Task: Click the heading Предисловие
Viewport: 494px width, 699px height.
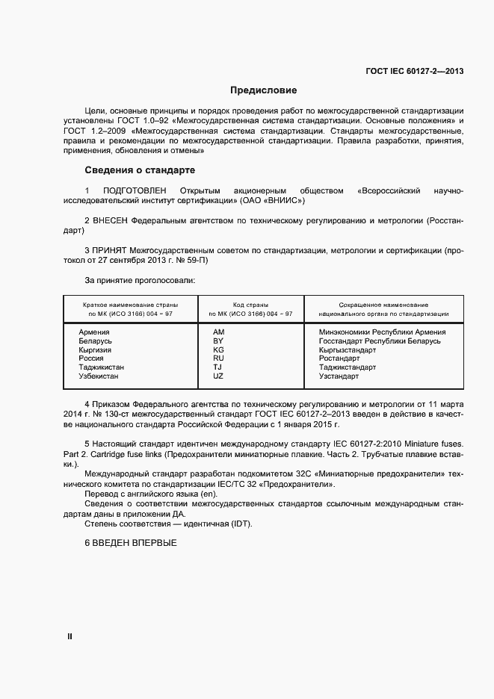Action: [264, 90]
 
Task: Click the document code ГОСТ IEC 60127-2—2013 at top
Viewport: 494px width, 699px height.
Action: [414, 72]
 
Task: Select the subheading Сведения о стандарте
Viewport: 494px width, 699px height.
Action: [139, 170]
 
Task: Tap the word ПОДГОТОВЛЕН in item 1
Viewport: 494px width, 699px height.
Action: [132, 191]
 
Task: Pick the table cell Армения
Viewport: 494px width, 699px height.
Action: [94, 332]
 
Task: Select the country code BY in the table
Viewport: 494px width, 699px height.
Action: [218, 341]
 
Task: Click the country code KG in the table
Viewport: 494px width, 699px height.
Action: [218, 349]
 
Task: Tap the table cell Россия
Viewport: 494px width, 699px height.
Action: [91, 358]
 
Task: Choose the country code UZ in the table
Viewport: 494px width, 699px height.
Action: [218, 376]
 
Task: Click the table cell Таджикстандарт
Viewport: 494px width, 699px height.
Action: [347, 367]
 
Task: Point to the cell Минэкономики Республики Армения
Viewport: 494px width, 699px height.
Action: [382, 332]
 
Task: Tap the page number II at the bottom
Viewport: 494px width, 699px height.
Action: [70, 636]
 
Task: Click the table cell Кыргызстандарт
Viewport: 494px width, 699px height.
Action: [347, 349]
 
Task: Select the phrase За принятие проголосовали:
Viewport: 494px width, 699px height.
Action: [140, 280]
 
